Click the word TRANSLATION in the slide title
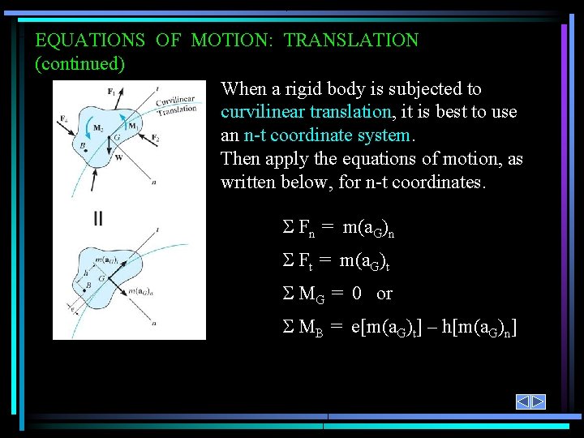click(350, 40)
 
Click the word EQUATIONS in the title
click(90, 40)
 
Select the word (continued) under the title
click(79, 62)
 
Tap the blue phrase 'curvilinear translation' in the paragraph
click(306, 112)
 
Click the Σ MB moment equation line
click(397, 328)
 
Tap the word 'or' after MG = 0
click(384, 294)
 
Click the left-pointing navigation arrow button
click(524, 401)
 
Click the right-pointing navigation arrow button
click(538, 401)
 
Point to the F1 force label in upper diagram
click(111, 92)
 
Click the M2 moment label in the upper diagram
click(98, 128)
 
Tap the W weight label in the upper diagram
click(119, 158)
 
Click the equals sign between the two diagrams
click(98, 217)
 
